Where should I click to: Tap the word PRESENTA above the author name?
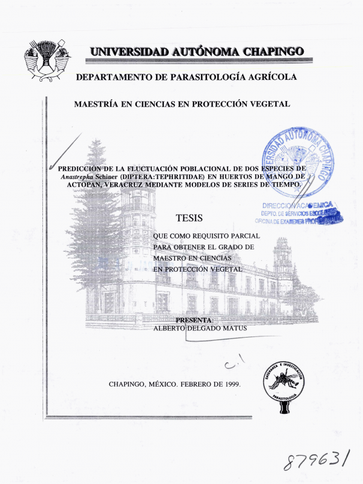pos(194,319)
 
